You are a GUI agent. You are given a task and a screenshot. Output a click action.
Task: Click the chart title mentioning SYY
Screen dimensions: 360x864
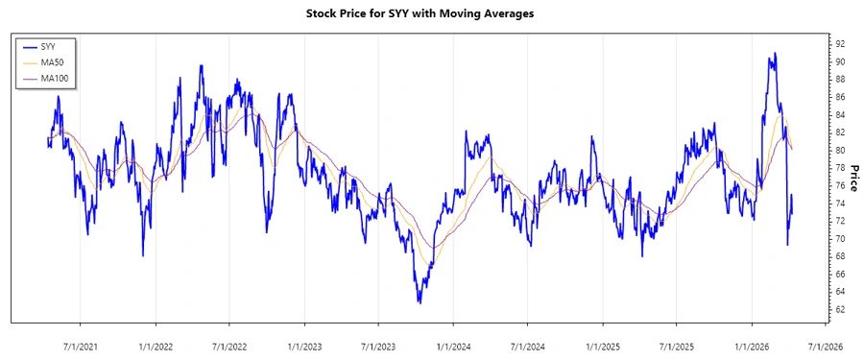[432, 13]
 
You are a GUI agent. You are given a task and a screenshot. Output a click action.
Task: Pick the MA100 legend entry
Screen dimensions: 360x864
[54, 78]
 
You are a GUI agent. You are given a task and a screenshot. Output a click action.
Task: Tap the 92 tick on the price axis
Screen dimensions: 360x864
[839, 44]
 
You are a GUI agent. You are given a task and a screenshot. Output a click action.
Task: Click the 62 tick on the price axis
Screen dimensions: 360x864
[839, 310]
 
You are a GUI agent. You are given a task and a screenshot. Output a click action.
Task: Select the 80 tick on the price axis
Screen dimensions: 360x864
[839, 151]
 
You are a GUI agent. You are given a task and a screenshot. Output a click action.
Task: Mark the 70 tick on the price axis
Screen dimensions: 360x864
[839, 239]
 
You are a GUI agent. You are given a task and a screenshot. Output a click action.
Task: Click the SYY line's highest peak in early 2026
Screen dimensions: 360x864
[774, 54]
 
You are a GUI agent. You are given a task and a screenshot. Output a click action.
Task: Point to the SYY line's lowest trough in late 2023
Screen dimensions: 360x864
[420, 302]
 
